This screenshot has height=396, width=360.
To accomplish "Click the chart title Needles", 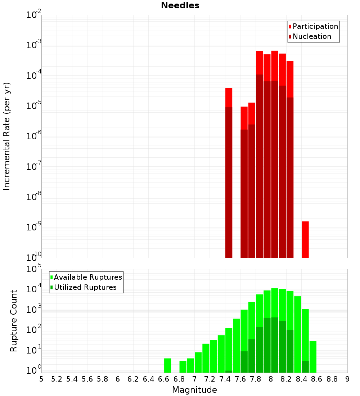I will coord(180,5).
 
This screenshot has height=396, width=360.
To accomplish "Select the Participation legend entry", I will coord(313,26).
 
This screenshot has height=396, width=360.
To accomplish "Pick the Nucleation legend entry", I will coord(310,36).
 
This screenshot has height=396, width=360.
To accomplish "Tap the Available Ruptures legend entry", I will coord(86,277).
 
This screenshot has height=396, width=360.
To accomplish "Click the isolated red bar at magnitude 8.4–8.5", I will coord(305,239).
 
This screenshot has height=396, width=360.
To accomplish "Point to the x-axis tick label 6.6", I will coord(164,379).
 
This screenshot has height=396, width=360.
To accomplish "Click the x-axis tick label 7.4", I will coord(225,379).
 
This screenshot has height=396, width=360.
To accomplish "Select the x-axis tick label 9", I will coord(347,379).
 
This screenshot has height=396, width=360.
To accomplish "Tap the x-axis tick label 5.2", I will coord(57,379).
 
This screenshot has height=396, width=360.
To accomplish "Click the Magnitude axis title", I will coord(194,390).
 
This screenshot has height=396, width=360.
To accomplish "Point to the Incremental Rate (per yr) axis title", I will coord(7,136).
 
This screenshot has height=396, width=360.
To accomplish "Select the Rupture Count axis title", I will coord(14,320).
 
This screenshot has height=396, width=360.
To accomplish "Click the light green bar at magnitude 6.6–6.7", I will coord(167,365).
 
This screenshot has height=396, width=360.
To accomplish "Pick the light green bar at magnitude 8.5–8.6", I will coord(313,357).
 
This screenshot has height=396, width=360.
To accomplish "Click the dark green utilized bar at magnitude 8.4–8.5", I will coord(305,366).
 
